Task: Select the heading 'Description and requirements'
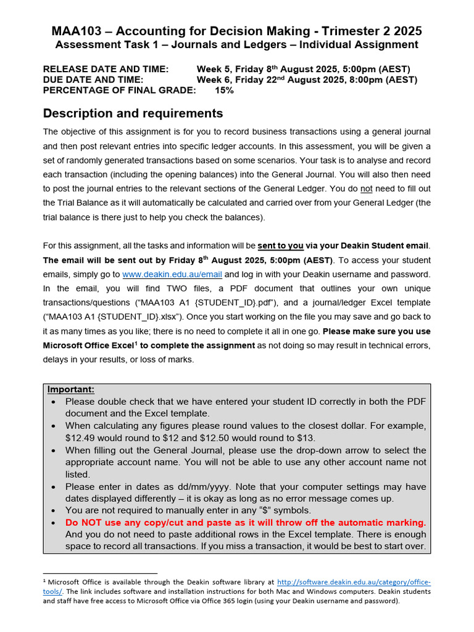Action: point(133,114)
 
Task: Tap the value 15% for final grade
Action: point(224,90)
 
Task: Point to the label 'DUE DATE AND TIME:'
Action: point(93,80)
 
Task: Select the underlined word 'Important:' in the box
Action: point(71,389)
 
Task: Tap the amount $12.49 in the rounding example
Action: point(83,438)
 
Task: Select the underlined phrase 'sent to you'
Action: point(280,246)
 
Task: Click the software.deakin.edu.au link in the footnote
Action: point(354,582)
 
